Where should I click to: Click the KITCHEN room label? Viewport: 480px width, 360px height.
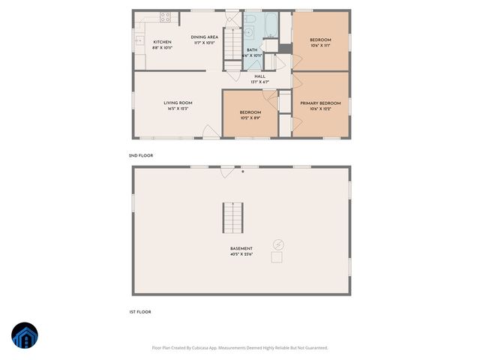[163, 42]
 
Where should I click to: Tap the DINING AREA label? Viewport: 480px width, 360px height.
[204, 37]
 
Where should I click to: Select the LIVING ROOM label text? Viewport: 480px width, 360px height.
[178, 103]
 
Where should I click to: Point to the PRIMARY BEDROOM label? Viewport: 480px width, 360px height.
[320, 103]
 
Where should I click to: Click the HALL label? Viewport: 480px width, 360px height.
[259, 76]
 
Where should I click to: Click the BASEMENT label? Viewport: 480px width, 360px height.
[241, 248]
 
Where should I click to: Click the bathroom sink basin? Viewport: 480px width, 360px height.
[248, 34]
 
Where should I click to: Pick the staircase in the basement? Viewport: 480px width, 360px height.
[232, 218]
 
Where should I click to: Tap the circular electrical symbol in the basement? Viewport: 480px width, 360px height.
[278, 244]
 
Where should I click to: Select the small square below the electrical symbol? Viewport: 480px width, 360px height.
[277, 257]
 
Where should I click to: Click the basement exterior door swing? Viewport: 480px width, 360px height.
[223, 173]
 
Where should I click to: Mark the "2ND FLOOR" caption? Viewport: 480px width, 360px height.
[140, 155]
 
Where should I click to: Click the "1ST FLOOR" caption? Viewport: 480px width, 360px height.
[139, 310]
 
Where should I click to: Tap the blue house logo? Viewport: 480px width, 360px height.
[24, 336]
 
